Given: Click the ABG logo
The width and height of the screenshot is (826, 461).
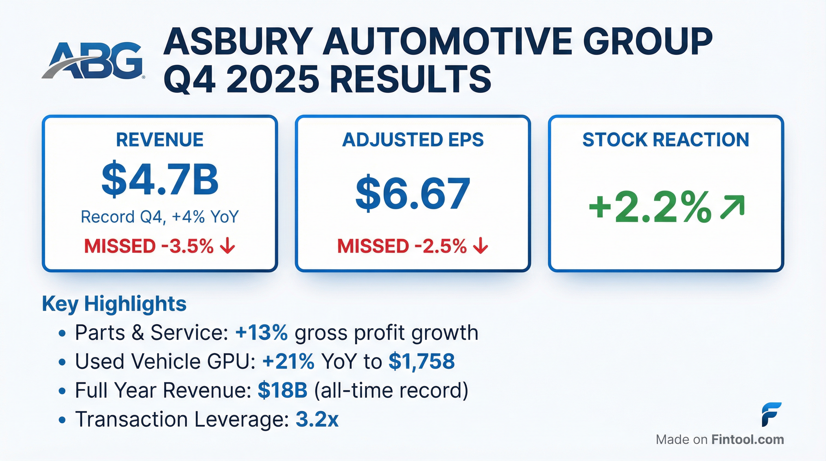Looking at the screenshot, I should point(93,61).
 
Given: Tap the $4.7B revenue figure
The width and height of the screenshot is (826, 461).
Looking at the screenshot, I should point(160,180).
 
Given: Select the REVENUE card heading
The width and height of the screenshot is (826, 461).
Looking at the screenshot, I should point(160,140).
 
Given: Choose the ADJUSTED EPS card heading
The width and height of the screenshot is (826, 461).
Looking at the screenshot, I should point(413,140).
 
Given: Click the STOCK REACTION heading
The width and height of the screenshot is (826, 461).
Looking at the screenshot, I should point(666,140).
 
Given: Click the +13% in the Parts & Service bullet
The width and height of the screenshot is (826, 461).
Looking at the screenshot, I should point(261,333).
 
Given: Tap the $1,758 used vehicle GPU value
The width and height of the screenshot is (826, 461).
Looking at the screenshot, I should point(421,361).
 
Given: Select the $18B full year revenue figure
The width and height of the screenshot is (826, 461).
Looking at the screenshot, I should point(282,390).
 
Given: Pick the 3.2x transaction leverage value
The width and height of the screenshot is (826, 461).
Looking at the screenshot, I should point(317,419).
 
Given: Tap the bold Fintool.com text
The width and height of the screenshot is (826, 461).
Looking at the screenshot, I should point(747,439).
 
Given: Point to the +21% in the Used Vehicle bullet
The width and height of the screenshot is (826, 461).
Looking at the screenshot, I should point(288,361).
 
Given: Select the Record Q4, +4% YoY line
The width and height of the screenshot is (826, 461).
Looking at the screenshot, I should point(160,217).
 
